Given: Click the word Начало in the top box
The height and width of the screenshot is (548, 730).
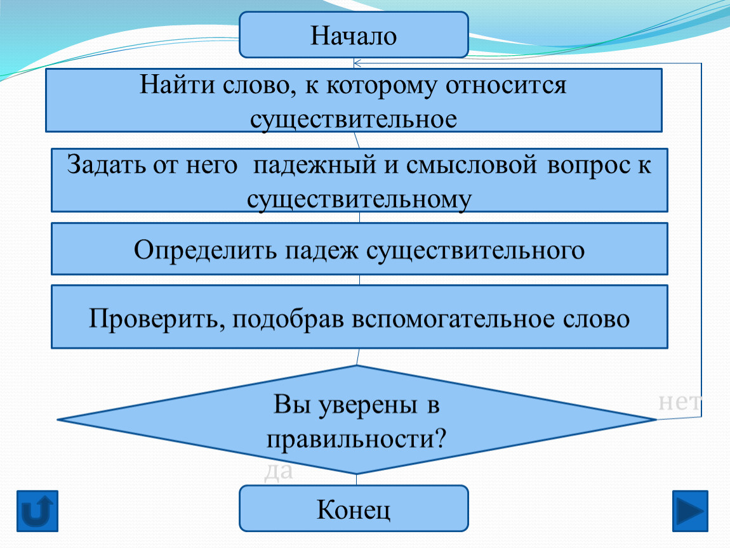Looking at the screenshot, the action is tap(354, 36).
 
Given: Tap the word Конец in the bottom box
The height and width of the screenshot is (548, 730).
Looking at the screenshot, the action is tap(354, 509).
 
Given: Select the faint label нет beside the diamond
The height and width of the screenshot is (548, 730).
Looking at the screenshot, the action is tap(680, 402).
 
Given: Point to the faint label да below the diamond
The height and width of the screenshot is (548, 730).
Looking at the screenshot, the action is tap(279, 471).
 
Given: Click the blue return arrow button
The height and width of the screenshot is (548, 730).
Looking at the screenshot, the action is tap(37, 511).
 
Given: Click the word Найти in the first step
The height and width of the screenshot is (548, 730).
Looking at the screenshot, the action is tap(177, 85).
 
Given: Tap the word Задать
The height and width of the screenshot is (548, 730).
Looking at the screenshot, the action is tap(105, 165).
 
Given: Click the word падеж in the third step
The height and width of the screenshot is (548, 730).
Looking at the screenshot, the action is tap(322, 251).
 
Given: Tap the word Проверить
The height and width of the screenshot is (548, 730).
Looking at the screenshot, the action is tap(157, 319).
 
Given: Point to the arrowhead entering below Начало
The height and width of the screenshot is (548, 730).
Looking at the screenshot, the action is tap(357, 63).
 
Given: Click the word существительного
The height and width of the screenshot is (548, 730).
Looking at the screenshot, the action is tap(475, 251).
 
